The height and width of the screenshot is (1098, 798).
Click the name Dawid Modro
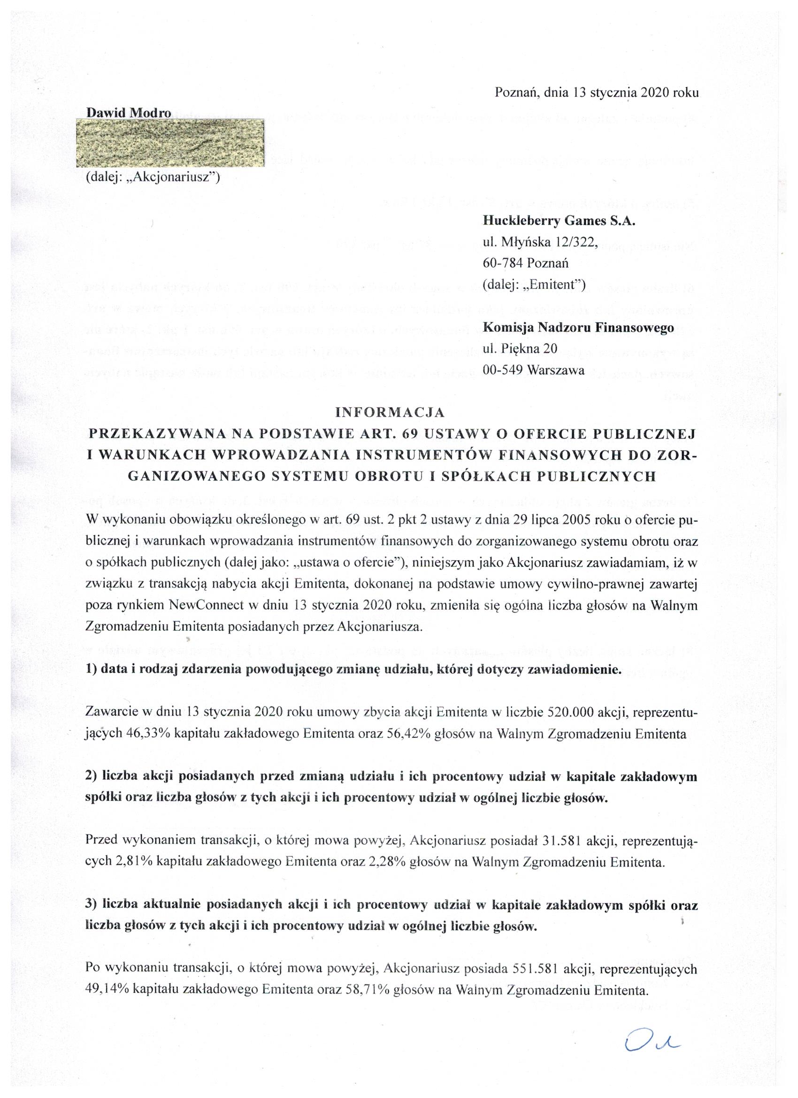[x=128, y=113]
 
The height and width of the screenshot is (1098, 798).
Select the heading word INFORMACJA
[x=390, y=412]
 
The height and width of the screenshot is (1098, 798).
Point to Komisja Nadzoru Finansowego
[x=578, y=328]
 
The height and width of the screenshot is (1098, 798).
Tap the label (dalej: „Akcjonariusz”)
[x=153, y=178]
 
